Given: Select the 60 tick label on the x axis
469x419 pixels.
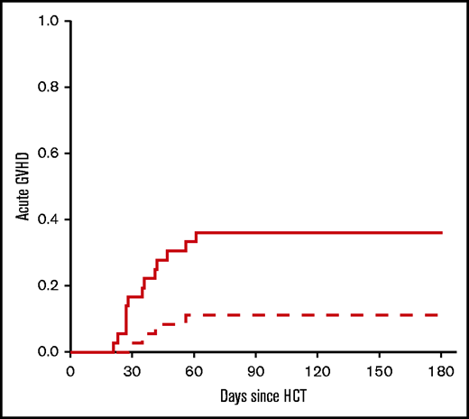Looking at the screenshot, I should [194, 370].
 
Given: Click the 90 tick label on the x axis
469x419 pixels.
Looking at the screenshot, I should [256, 370].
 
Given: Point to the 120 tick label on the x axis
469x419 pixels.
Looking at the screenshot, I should [317, 370].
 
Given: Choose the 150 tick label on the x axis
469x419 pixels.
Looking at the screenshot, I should [380, 370].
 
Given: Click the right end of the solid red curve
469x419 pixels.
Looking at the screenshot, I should [442, 232].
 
